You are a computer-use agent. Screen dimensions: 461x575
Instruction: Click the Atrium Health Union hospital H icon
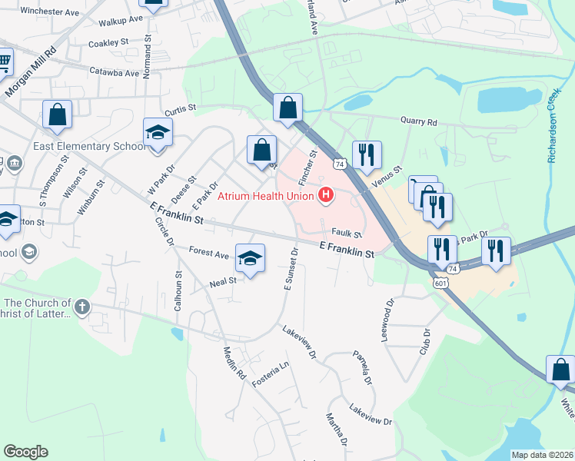[326, 195]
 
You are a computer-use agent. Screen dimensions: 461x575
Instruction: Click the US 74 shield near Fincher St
[339, 164]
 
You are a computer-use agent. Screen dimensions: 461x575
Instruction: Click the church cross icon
[82, 308]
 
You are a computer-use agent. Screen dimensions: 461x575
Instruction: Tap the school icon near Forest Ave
[250, 258]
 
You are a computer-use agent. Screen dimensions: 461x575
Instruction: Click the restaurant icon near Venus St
[367, 154]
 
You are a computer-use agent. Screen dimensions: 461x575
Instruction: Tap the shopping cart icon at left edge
[4, 60]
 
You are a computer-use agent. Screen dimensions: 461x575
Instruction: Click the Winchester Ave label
[50, 12]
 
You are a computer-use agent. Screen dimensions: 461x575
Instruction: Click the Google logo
[25, 452]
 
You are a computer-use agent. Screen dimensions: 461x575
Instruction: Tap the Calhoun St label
[178, 289]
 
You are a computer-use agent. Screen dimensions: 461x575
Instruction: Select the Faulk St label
[347, 232]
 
